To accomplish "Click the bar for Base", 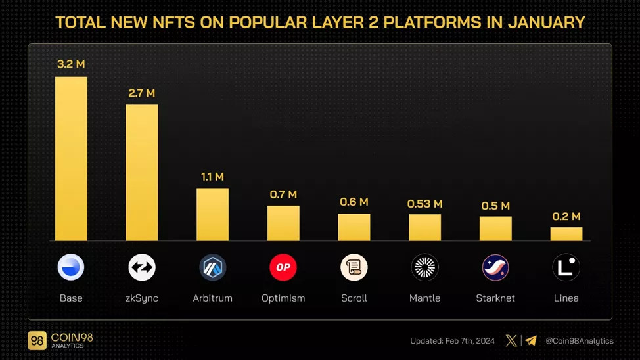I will coord(71,158).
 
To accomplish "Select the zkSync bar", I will coord(142,172).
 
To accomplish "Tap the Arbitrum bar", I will coord(212,214).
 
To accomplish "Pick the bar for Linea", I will coord(566,234).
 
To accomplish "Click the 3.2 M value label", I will coord(71,64).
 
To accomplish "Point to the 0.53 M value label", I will coord(424,204).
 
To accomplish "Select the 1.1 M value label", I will coord(212,177).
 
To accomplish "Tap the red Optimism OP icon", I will coord(283,267).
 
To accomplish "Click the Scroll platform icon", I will coord(354,267).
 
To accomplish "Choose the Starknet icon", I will coord(495,267).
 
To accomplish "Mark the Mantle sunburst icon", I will coord(424,267).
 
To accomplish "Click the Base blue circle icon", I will coord(71,267).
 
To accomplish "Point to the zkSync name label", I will coord(142,298).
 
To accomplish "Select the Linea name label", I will coord(566,298).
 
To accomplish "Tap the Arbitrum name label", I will coord(212,298).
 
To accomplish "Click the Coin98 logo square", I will coord(37,340).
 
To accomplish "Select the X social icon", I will coord(511,340).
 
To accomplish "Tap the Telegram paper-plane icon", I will coord(531,340).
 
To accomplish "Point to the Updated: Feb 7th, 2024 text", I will coord(453,341).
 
